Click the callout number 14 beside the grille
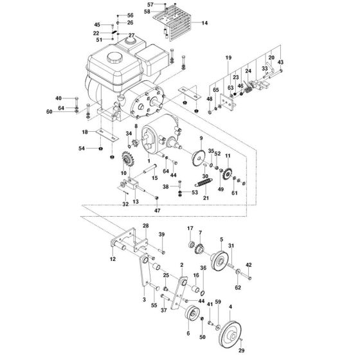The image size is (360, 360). click(204, 22)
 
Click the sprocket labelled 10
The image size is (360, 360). click(126, 159)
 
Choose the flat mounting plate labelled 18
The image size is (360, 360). click(107, 135)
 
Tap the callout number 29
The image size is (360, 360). click(241, 350)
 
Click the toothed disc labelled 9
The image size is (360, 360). click(198, 157)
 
